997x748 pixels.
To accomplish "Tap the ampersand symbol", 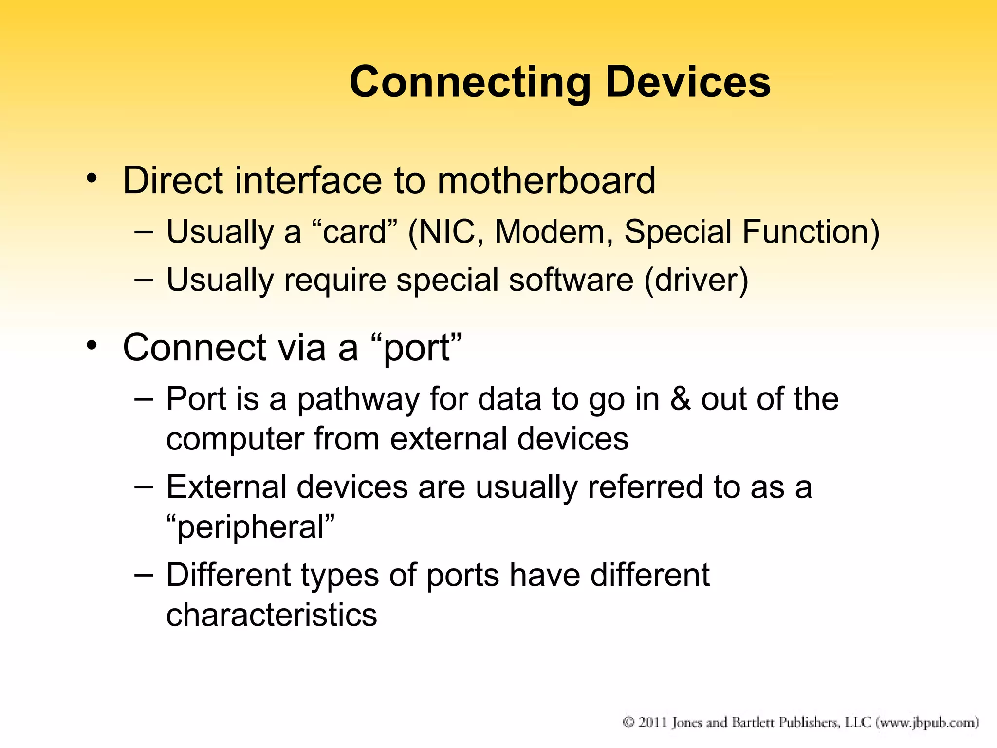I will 681,399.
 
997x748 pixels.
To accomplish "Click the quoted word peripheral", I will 251,527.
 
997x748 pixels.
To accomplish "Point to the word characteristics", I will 272,615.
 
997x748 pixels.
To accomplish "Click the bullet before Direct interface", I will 91,179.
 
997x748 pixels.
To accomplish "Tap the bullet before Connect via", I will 91,346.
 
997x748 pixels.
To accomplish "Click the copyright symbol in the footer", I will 629,722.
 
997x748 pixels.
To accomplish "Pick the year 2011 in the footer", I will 653,722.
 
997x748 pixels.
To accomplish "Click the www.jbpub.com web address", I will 927,722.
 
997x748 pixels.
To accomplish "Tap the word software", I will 571,280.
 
